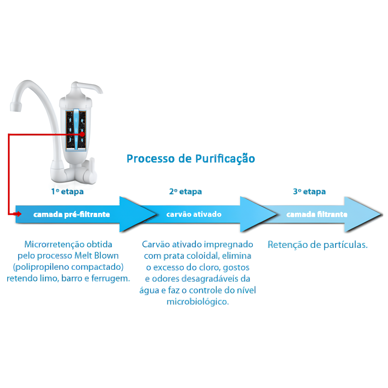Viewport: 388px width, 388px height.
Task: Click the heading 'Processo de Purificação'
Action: coord(191,158)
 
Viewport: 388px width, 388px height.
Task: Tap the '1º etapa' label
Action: coord(67,191)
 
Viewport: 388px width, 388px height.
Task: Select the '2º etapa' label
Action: coord(185,191)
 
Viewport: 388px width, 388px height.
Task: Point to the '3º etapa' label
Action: coord(309,191)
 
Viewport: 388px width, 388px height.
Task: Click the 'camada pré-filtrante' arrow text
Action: coord(72,214)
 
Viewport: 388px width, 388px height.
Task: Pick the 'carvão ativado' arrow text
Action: coord(194,214)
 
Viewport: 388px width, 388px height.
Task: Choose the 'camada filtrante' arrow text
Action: coord(317,214)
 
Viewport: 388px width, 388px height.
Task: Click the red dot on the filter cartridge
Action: coord(82,134)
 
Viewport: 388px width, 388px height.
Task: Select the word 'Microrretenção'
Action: coord(53,244)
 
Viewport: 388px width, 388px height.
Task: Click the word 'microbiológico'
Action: coord(197,302)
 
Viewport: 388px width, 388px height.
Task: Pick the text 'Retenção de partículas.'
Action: coord(318,245)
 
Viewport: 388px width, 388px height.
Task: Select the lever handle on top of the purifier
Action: coord(89,87)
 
